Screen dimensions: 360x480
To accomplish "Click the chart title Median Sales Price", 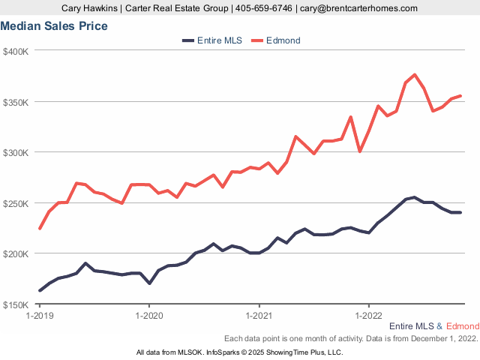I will [x=54, y=26].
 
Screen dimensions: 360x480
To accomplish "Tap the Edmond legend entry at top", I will [x=283, y=40].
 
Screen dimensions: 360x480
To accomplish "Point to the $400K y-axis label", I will [x=16, y=51].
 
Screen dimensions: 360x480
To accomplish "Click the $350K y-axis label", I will [x=16, y=102].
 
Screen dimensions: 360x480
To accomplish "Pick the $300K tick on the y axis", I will [x=16, y=152].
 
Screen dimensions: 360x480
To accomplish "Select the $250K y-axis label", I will [x=16, y=203].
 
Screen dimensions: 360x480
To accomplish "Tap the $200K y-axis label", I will [x=16, y=253].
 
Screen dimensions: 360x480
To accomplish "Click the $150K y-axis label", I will [x=16, y=304].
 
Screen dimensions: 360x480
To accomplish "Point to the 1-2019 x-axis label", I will [x=39, y=316].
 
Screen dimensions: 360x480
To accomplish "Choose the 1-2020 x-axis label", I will [x=149, y=316].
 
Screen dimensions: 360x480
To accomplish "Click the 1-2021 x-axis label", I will [x=259, y=316].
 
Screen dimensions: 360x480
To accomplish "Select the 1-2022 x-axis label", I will [x=368, y=316].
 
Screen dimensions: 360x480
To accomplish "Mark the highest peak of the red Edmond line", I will [x=415, y=75].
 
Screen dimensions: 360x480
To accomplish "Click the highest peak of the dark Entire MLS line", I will [x=414, y=197].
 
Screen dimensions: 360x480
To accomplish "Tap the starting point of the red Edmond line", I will [x=40, y=228].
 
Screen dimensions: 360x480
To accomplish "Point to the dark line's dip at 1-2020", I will [x=150, y=283].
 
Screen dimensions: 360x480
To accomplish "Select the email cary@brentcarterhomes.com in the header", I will [x=358, y=7].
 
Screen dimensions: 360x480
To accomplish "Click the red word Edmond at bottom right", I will [x=462, y=327].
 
